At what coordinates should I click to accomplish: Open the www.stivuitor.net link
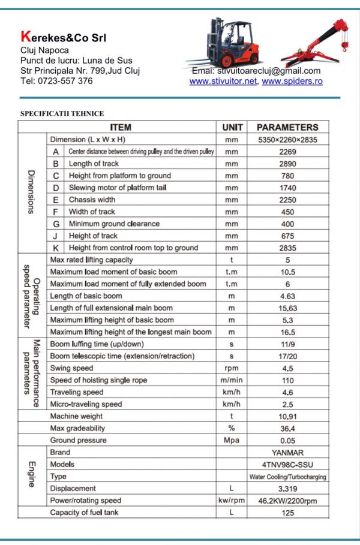(223, 82)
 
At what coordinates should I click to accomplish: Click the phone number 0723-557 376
(67, 81)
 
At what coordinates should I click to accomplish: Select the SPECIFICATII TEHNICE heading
(62, 113)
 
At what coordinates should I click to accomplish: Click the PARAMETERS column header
(287, 127)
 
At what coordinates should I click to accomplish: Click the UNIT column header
(232, 127)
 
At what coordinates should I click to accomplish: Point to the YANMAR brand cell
(287, 453)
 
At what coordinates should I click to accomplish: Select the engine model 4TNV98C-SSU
(287, 465)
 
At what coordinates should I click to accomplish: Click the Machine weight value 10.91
(288, 416)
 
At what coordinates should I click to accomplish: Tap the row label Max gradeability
(77, 428)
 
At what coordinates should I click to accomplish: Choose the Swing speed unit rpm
(232, 368)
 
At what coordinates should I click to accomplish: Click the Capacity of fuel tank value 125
(288, 513)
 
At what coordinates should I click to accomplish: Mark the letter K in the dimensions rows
(56, 248)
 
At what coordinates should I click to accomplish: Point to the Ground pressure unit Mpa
(232, 441)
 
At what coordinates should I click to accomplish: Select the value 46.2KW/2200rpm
(287, 501)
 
